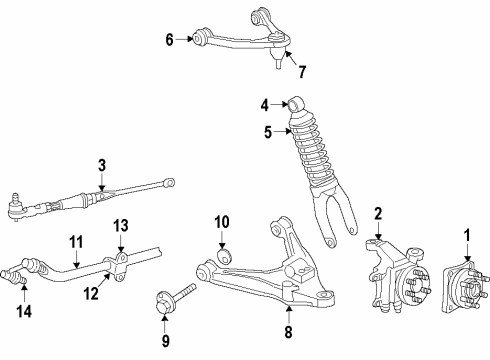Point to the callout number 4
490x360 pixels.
[264, 103]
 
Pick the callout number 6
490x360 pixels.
[169, 40]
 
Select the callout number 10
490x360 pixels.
[223, 221]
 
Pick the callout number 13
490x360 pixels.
[121, 224]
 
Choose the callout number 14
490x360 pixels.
[24, 310]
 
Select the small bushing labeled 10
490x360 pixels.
[224, 256]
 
